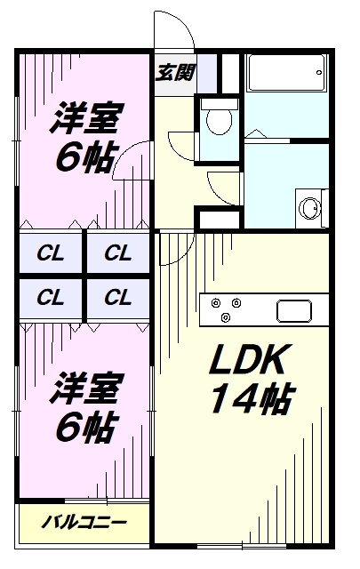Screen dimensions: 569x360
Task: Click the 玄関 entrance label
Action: point(174,73)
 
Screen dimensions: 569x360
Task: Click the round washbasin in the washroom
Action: point(310,208)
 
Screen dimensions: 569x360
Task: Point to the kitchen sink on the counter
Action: point(292,311)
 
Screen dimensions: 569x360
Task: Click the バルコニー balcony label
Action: point(84,521)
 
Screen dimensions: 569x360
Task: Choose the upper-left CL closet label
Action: point(51,252)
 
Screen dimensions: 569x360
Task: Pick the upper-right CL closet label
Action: point(117,252)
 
